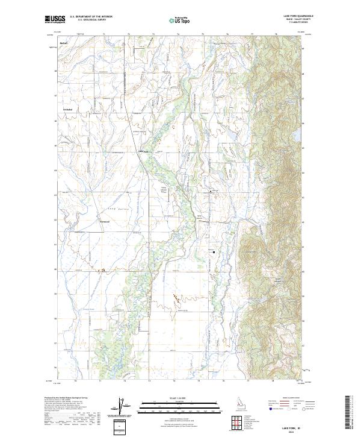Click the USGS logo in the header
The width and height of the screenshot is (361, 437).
click(x=55, y=20)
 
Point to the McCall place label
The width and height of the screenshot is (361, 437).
click(x=64, y=45)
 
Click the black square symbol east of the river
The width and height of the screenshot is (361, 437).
click(x=212, y=253)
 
